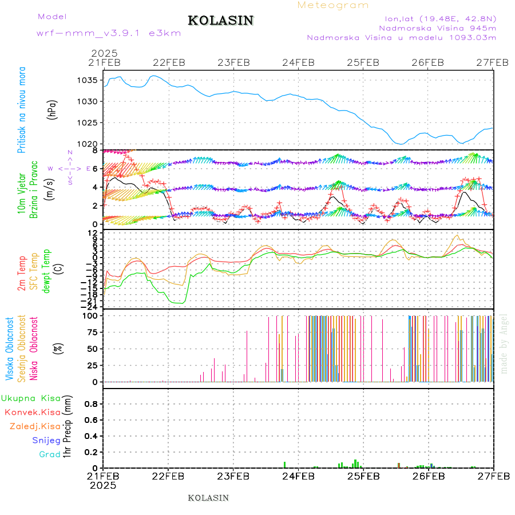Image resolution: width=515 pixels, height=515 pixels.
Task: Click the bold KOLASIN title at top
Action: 220,21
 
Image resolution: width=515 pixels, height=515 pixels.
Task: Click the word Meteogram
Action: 333,5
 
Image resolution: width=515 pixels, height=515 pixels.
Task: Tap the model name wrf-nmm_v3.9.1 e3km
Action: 109,33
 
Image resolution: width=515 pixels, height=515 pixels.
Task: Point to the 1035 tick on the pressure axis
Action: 87,80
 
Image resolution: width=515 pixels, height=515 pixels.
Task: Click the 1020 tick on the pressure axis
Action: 87,144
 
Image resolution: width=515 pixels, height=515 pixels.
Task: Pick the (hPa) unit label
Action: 53,109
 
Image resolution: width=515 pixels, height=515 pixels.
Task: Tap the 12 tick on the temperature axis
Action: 93,233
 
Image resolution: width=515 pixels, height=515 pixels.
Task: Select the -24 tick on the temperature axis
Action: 89,306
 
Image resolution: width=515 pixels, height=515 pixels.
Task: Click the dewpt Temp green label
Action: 47,271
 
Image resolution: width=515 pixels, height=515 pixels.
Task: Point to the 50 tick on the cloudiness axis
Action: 92,348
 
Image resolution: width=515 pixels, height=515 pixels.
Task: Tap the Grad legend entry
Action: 49,454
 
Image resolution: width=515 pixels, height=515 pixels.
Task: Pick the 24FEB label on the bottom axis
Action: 298,476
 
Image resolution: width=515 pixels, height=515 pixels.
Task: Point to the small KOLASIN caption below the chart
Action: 208,498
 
